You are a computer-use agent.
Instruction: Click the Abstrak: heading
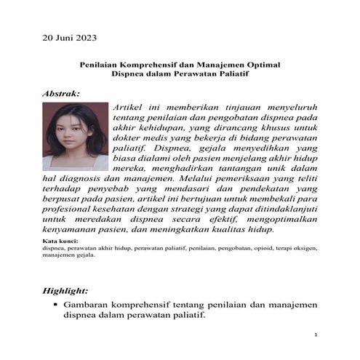[x=63, y=94]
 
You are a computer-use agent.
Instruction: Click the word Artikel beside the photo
[x=130, y=107]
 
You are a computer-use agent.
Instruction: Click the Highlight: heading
[x=68, y=289]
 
